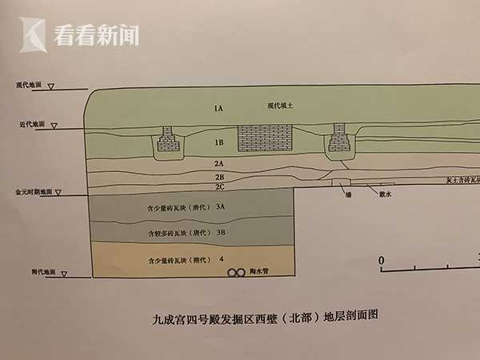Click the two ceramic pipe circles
[x=237, y=273]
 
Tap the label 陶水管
[x=263, y=273]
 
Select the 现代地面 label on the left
[x=28, y=84]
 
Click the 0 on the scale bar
[x=382, y=261]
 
